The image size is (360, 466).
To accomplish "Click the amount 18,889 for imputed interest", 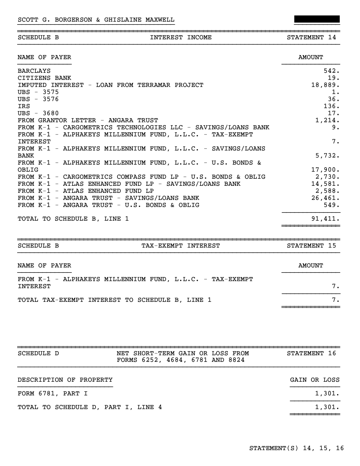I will pyautogui.click(x=326, y=85).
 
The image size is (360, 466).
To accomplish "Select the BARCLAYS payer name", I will pyautogui.click(x=34, y=71).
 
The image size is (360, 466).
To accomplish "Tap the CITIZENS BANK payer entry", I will pyautogui.click(x=44, y=78).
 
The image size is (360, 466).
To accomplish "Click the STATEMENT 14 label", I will pyautogui.click(x=311, y=38).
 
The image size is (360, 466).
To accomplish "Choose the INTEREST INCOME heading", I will pyautogui.click(x=180, y=38).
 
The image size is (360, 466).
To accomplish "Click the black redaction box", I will pyautogui.click(x=317, y=19).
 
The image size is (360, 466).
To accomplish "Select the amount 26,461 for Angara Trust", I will pyautogui.click(x=326, y=198).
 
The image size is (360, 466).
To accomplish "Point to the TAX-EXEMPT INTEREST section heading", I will pyautogui.click(x=180, y=246).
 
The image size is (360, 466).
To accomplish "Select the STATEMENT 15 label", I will pyautogui.click(x=311, y=246).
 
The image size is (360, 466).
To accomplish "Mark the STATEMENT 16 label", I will pyautogui.click(x=311, y=353).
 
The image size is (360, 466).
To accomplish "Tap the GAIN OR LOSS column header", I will pyautogui.click(x=315, y=380).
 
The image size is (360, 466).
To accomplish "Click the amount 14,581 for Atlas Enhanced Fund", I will pyautogui.click(x=326, y=184).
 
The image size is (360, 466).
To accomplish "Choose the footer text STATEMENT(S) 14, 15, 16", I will pyautogui.click(x=296, y=448).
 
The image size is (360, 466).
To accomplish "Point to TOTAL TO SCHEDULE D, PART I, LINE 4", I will pyautogui.click(x=90, y=407).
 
